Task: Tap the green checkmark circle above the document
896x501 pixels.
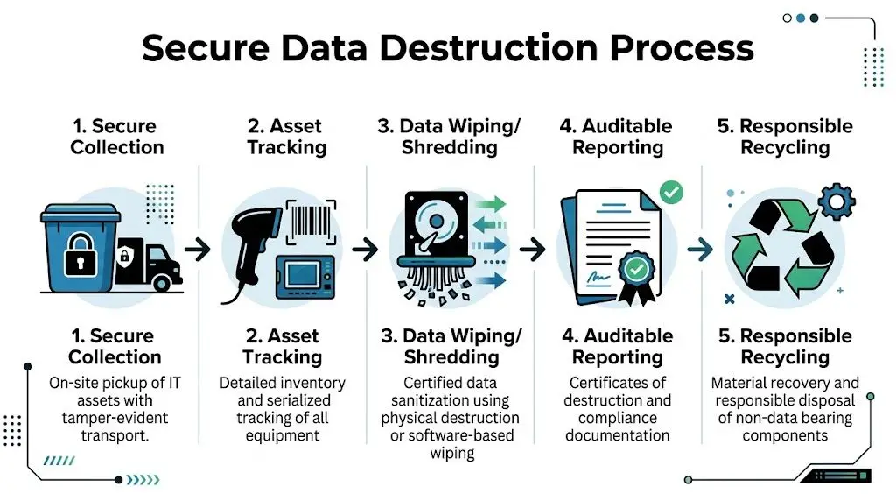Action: pos(671,192)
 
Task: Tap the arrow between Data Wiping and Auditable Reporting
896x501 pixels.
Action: pos(532,250)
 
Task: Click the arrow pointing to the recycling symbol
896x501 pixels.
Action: pos(700,250)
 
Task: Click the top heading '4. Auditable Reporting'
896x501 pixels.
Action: pos(616,137)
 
